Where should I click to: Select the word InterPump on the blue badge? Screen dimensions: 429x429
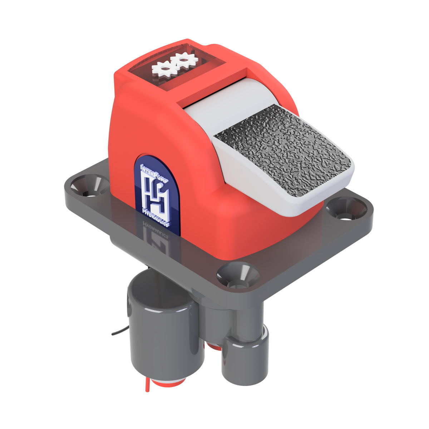pos(154,172)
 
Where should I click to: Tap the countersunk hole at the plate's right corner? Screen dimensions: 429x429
pos(346,209)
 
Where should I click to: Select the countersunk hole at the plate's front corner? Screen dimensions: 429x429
pos(238,276)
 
